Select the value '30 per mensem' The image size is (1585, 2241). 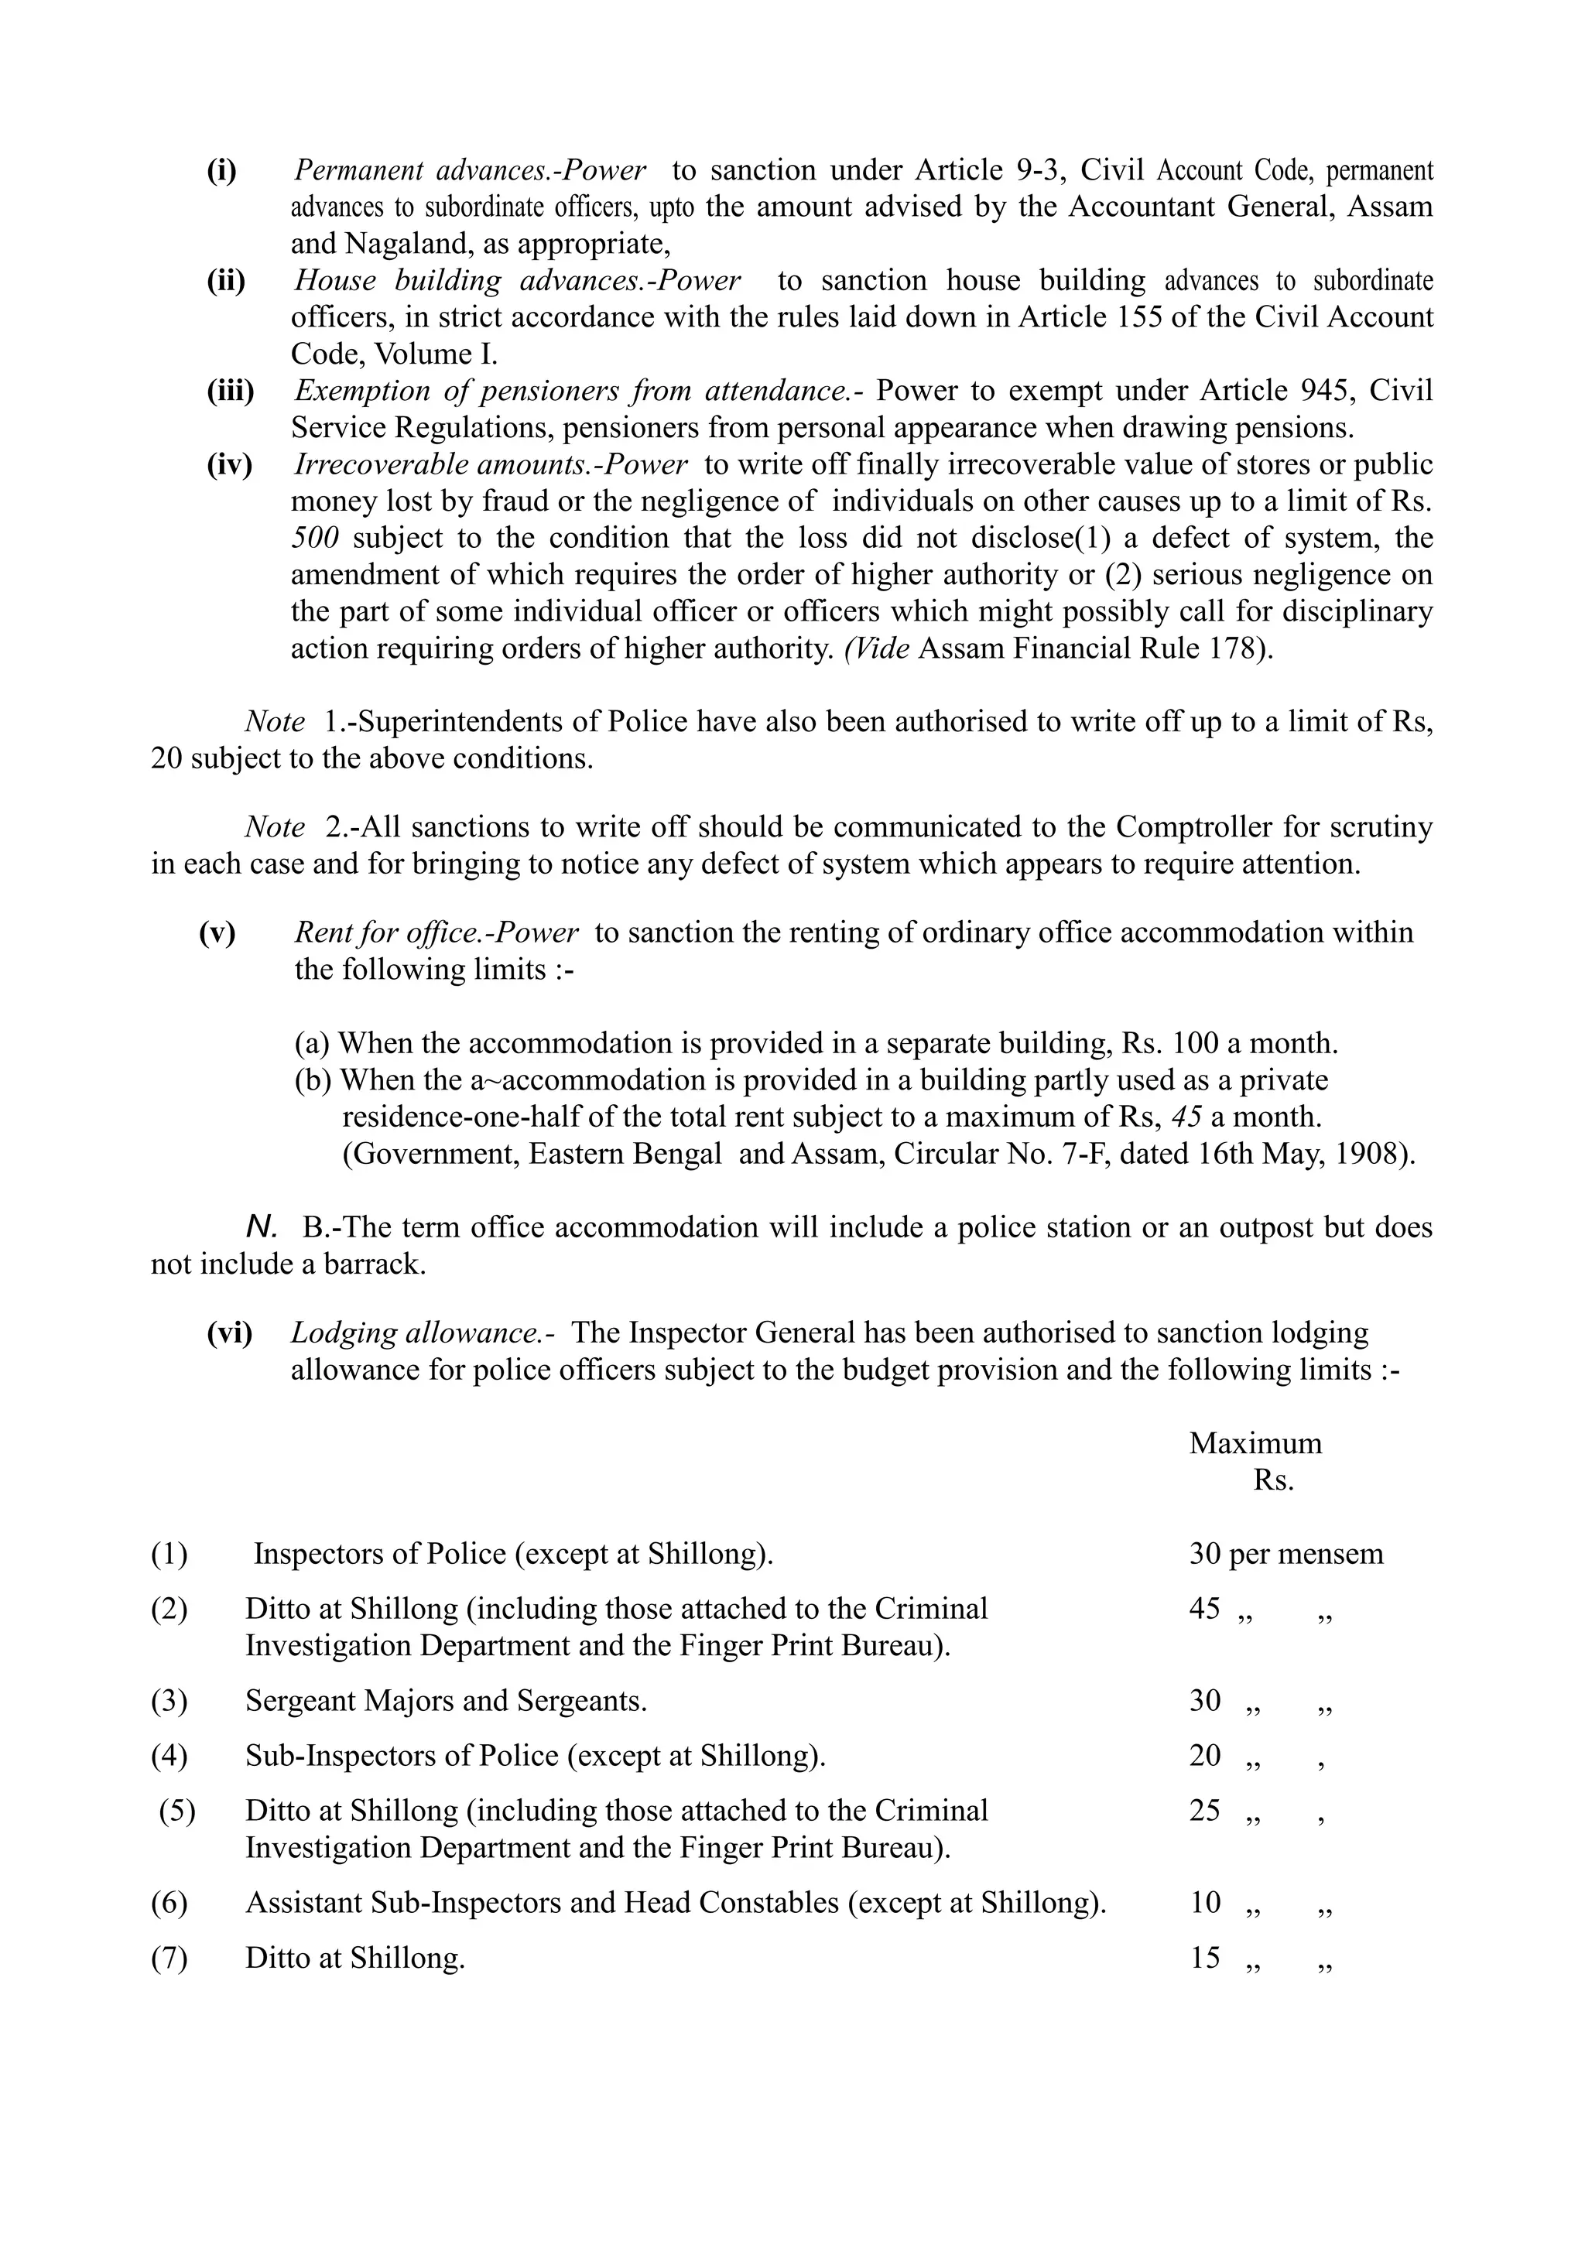1285,1554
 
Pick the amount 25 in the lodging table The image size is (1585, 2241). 1204,1811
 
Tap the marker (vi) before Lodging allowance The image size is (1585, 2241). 229,1333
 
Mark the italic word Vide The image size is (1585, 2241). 878,649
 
